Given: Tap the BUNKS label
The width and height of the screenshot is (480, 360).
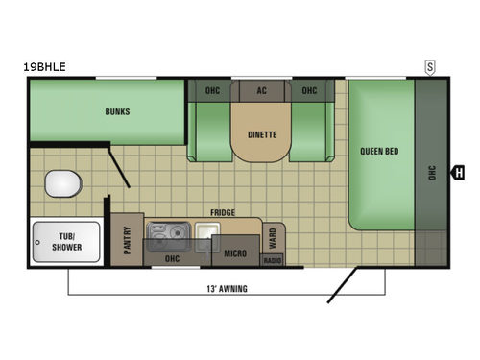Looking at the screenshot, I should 117,111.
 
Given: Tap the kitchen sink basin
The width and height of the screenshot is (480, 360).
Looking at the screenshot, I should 207,230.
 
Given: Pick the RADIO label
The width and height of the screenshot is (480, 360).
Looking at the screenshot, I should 272,260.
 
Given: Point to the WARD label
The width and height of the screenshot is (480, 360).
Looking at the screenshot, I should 273,235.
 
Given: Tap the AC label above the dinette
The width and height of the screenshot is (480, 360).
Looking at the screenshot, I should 261,91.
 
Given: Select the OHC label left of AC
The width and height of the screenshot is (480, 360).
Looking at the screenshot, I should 212,91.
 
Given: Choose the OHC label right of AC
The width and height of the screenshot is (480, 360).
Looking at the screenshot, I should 309,91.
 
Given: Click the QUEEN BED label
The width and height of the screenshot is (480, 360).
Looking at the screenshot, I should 379,152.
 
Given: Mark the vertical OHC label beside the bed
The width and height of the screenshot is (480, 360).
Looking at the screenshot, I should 432,173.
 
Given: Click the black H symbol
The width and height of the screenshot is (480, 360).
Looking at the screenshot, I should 458,173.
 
